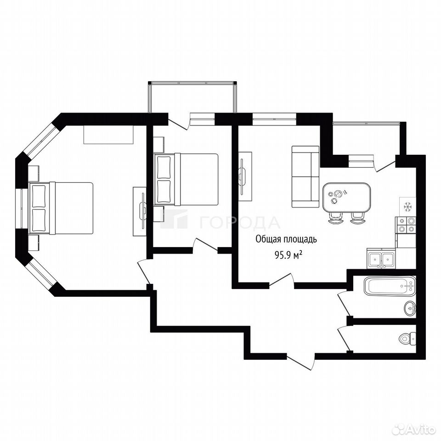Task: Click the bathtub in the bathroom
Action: point(390,286)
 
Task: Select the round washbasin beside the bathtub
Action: point(410,309)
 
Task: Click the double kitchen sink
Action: point(381,259)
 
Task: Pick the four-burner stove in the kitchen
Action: point(405,225)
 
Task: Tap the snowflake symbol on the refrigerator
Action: point(407,207)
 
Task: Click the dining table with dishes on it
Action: point(346,198)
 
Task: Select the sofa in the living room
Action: point(305,176)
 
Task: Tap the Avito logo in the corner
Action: point(414,430)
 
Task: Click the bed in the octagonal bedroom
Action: point(61,208)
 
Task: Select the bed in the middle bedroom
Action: point(186,180)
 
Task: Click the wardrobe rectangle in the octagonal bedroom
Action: point(108,135)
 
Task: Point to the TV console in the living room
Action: point(245,176)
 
